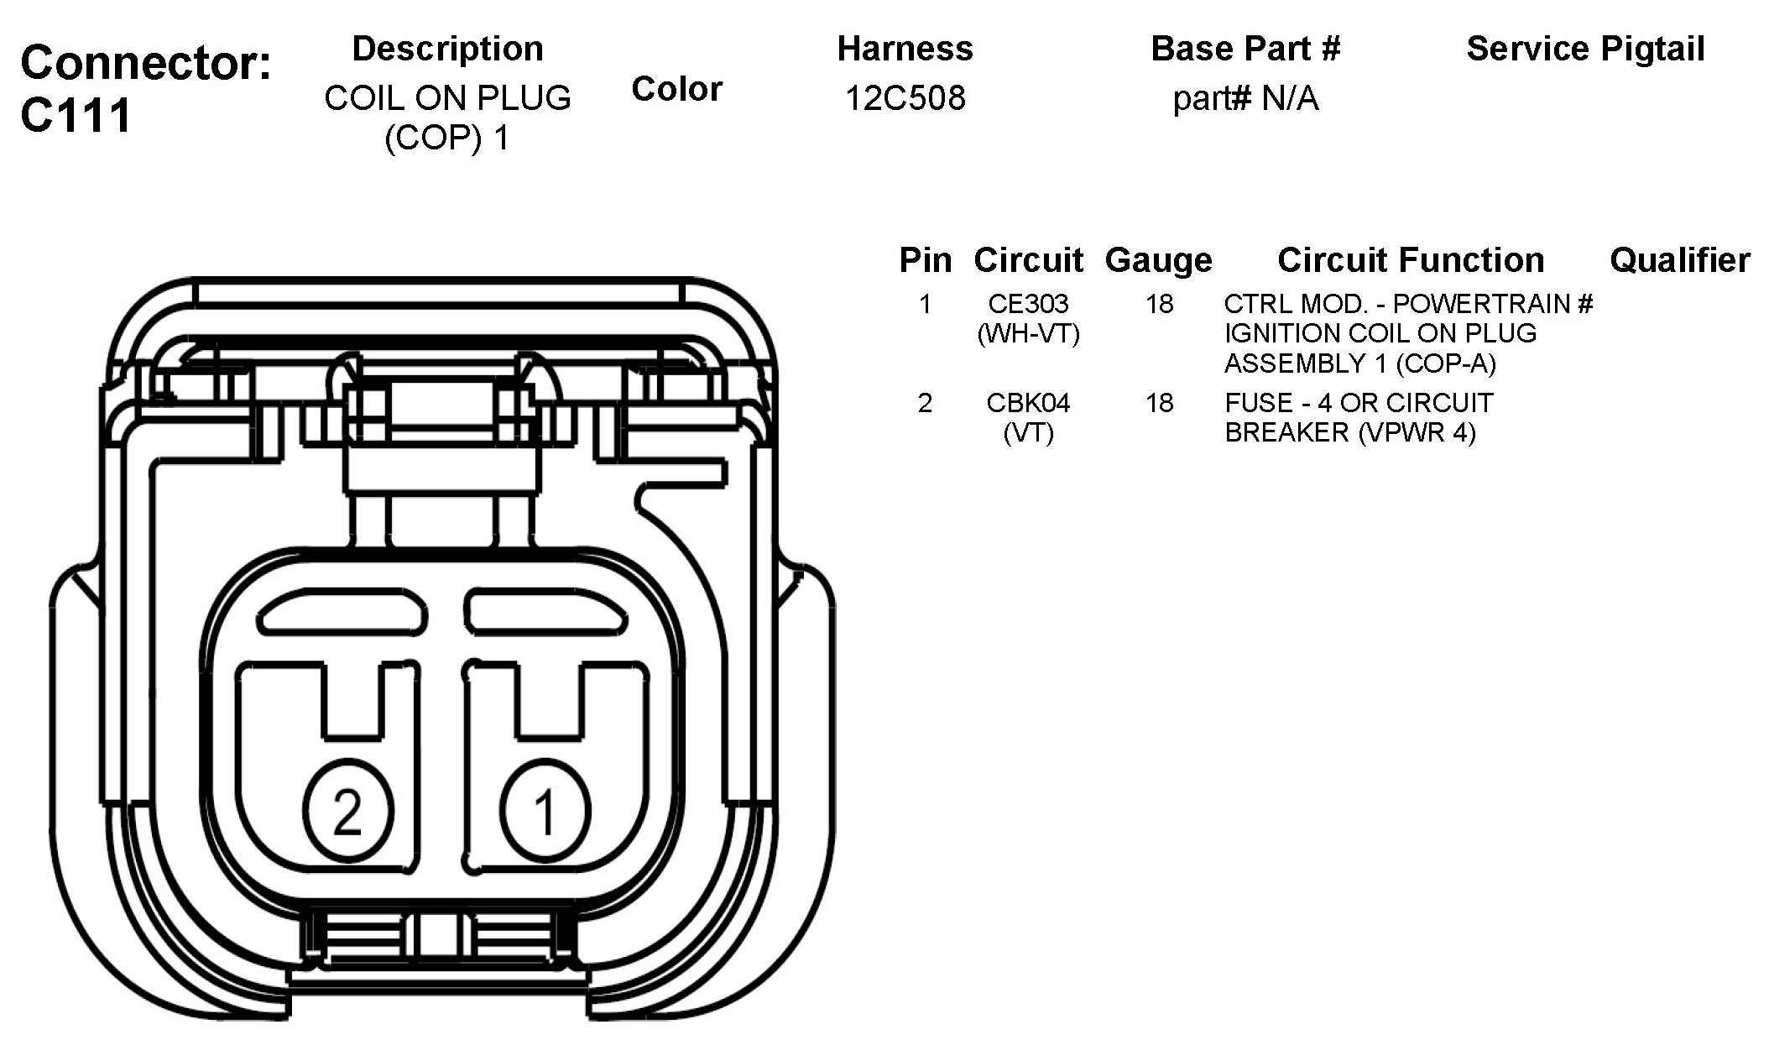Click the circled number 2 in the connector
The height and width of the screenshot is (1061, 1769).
[x=347, y=811]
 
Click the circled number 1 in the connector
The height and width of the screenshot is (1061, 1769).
[x=545, y=811]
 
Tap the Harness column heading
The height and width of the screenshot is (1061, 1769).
[x=905, y=49]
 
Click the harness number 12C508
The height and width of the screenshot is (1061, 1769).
[x=905, y=98]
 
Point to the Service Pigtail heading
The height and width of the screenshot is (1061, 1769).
[x=1585, y=49]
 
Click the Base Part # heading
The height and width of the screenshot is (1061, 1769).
[x=1245, y=49]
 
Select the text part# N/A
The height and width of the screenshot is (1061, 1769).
[x=1245, y=99]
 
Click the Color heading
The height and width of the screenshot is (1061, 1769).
[x=676, y=89]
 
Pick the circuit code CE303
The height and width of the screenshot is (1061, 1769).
[x=1028, y=304]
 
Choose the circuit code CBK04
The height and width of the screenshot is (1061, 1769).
[x=1028, y=403]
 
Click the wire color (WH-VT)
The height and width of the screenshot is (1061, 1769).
[x=1028, y=334]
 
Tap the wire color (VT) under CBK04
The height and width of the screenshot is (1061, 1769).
[x=1028, y=433]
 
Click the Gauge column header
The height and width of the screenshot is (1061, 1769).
[x=1158, y=260]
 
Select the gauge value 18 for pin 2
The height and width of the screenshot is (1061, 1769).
[x=1159, y=403]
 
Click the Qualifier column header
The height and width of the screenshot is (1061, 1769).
[x=1679, y=260]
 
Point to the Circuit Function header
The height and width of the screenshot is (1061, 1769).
[x=1411, y=260]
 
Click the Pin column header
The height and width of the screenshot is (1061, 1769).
[x=925, y=260]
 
